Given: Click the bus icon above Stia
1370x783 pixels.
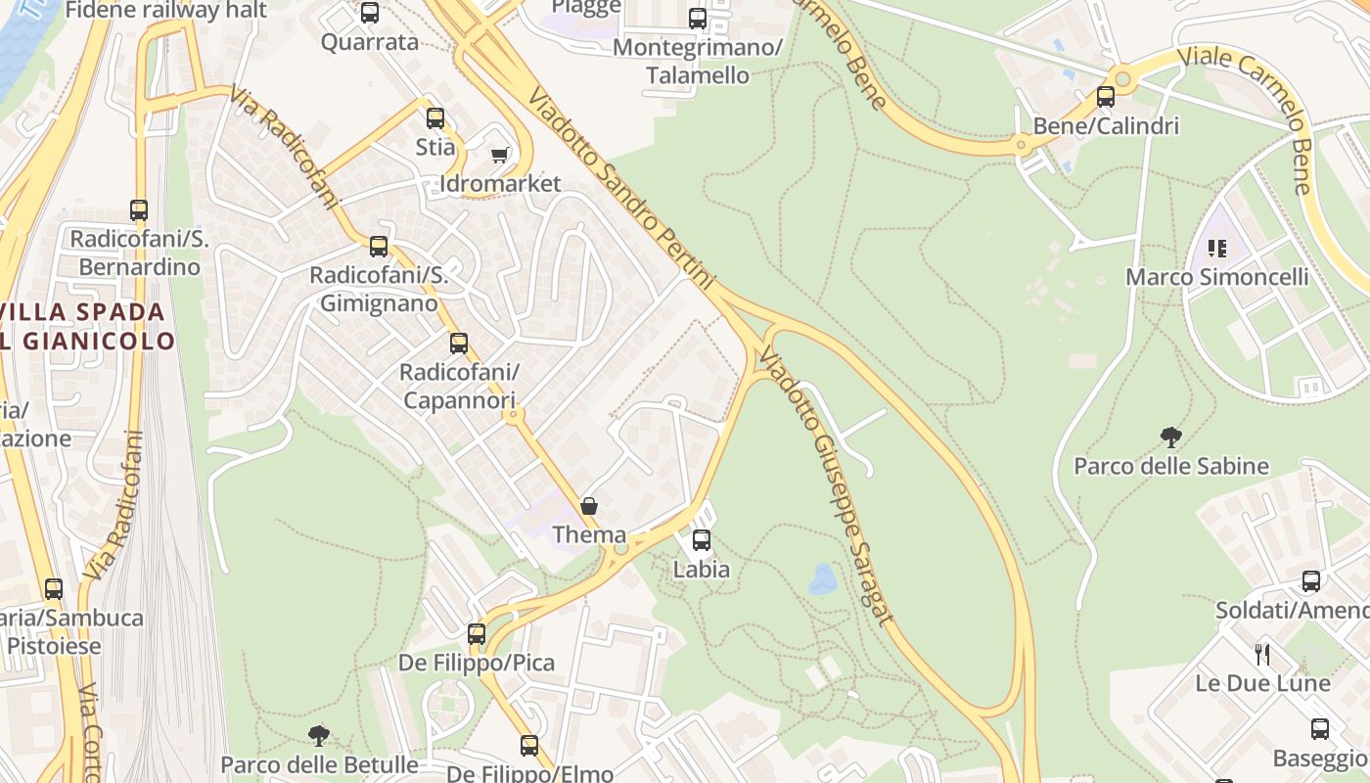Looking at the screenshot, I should coord(435,118).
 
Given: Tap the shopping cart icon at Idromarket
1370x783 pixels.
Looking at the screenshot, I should coord(500,155).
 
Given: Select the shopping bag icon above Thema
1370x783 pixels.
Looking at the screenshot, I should coord(589,506).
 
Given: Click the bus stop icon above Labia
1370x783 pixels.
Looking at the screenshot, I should coord(702,539).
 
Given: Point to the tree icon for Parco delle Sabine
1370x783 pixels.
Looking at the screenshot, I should coord(1170,437).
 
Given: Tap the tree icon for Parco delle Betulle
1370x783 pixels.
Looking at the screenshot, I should coord(318,735).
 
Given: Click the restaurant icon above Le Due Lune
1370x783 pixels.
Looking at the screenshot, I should coord(1262,654).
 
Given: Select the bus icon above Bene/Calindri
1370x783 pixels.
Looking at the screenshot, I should coord(1106,97).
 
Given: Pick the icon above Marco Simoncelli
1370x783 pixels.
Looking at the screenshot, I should coord(1217,248).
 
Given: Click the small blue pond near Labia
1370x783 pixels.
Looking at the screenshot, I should coord(822,579).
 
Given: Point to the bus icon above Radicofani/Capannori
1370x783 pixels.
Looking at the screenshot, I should coord(459,344).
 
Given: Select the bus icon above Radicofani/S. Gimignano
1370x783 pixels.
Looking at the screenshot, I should coord(379,247).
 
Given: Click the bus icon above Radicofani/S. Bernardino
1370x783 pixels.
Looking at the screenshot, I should coord(139,210).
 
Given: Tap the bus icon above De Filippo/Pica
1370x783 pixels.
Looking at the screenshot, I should coord(477,633).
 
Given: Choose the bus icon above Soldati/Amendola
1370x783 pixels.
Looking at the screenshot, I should coord(1311,581).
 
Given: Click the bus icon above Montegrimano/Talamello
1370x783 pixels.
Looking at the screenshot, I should coord(698,19).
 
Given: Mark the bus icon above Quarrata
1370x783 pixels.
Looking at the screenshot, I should coord(370,13).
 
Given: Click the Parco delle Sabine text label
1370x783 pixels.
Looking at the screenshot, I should coord(1171,466).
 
